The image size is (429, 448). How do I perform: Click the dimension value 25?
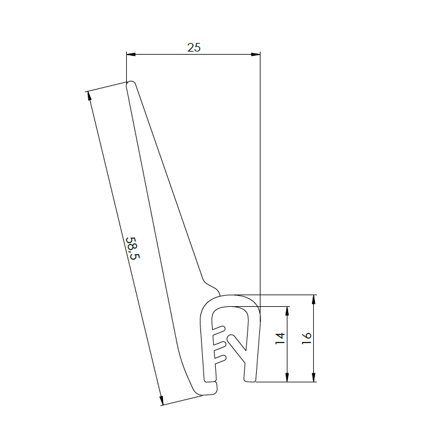[194, 47]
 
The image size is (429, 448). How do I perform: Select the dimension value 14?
[280, 338]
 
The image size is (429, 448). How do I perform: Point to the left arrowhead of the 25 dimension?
[130, 54]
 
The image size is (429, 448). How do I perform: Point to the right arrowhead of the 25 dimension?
[256, 54]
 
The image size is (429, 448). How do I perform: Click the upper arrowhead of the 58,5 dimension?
[89, 96]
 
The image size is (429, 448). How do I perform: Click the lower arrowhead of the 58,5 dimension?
[162, 401]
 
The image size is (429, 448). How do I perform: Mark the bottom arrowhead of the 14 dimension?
[287, 378]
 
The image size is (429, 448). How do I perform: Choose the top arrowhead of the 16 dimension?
[314, 299]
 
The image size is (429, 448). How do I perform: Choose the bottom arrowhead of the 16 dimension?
[314, 378]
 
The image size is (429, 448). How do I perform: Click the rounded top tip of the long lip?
[130, 84]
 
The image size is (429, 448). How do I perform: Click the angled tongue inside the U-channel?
[235, 343]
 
